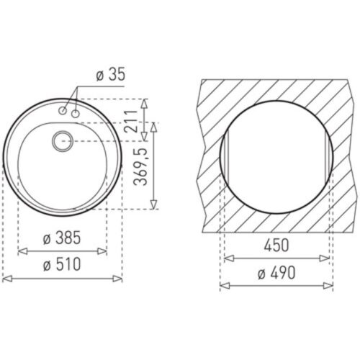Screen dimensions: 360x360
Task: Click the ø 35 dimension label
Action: [109, 74]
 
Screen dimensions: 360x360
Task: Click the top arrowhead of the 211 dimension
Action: [146, 102]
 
